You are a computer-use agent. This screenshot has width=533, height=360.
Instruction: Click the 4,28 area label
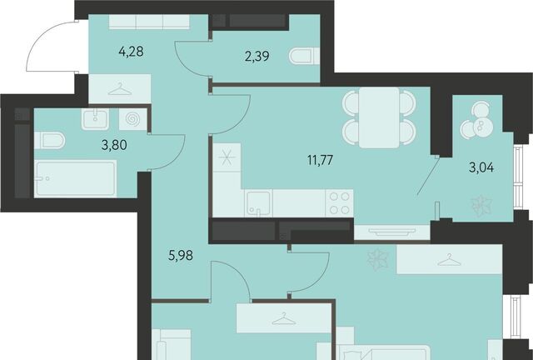(x=131, y=52)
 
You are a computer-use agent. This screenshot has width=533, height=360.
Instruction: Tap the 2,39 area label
(x=257, y=56)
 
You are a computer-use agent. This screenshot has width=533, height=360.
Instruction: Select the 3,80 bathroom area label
(x=114, y=145)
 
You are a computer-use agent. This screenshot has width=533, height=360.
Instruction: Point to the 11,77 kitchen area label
(x=320, y=160)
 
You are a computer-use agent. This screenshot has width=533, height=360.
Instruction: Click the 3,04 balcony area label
(x=481, y=167)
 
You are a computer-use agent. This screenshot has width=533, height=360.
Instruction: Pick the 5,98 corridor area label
(x=181, y=255)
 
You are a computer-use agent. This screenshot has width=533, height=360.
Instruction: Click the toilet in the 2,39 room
(x=304, y=56)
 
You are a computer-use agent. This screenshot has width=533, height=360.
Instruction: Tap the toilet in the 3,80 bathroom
(x=50, y=141)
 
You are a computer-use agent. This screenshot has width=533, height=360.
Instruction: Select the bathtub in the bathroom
(x=76, y=179)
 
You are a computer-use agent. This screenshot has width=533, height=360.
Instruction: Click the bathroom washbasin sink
(x=95, y=119)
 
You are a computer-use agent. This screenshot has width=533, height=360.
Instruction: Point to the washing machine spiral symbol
(x=133, y=119)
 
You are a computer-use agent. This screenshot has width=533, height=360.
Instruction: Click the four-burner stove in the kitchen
(x=339, y=203)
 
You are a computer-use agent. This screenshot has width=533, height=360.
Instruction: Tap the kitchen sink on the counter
(x=258, y=203)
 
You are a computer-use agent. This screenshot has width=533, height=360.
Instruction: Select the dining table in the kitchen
(x=379, y=117)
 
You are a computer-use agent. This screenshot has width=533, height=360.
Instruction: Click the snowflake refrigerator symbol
(x=227, y=157)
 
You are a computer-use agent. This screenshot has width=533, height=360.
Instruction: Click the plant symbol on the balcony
(x=481, y=206)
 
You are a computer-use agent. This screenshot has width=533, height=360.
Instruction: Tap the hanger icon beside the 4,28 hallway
(x=120, y=89)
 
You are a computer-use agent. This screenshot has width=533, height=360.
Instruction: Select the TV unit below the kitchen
(x=392, y=232)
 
